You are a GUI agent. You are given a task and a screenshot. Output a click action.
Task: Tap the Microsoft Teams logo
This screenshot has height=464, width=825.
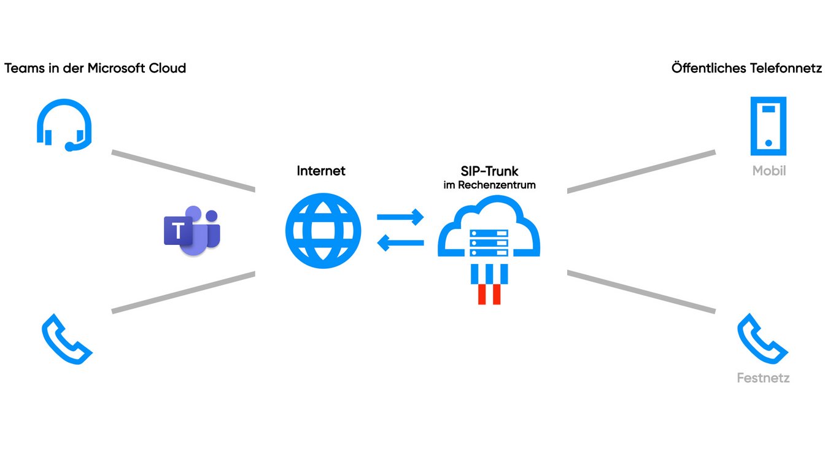[192, 232]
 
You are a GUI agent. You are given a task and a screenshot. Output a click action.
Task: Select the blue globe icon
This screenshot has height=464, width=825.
[323, 231]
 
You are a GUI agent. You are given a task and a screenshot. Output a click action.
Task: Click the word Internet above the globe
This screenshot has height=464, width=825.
[321, 171]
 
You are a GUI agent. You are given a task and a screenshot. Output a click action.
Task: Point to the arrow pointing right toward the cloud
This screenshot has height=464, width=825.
[400, 217]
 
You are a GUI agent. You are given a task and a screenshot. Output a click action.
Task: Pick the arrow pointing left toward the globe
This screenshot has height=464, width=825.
[400, 244]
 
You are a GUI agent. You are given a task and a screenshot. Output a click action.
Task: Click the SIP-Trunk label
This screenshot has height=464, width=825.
[489, 171]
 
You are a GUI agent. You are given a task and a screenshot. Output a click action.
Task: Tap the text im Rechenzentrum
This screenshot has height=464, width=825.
[489, 185]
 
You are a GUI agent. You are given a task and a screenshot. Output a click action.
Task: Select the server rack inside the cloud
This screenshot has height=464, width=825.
[489, 242]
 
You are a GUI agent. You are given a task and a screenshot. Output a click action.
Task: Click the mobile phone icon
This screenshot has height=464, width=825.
[768, 126]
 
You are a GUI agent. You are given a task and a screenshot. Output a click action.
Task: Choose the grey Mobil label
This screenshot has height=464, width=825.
[769, 171]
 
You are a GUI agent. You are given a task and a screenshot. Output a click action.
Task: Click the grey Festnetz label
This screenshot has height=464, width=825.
[763, 378]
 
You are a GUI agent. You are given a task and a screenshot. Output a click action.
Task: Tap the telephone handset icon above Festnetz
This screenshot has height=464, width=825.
[762, 339]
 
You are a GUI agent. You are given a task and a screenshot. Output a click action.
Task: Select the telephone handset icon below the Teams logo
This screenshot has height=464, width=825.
[66, 339]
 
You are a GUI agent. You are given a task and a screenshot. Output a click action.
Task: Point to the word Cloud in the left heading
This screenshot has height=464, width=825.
[168, 68]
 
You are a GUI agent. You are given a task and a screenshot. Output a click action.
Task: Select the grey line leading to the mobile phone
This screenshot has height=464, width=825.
[641, 171]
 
